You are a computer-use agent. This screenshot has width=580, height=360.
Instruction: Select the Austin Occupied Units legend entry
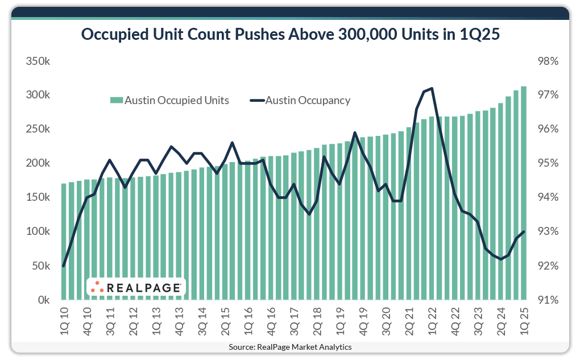(170, 101)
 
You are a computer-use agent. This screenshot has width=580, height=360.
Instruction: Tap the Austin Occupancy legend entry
(300, 101)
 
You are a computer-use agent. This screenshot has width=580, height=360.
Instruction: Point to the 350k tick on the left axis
(38, 61)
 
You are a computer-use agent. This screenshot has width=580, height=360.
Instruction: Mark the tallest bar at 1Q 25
(524, 193)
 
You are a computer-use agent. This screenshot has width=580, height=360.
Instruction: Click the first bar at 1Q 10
(64, 242)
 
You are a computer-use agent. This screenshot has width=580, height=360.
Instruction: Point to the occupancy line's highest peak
(432, 88)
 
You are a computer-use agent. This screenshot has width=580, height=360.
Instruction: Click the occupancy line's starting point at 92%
(64, 266)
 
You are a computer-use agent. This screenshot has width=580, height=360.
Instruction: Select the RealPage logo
(136, 287)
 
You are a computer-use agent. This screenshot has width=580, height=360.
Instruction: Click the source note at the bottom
(290, 347)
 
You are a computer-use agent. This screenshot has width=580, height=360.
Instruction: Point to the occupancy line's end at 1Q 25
(524, 231)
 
